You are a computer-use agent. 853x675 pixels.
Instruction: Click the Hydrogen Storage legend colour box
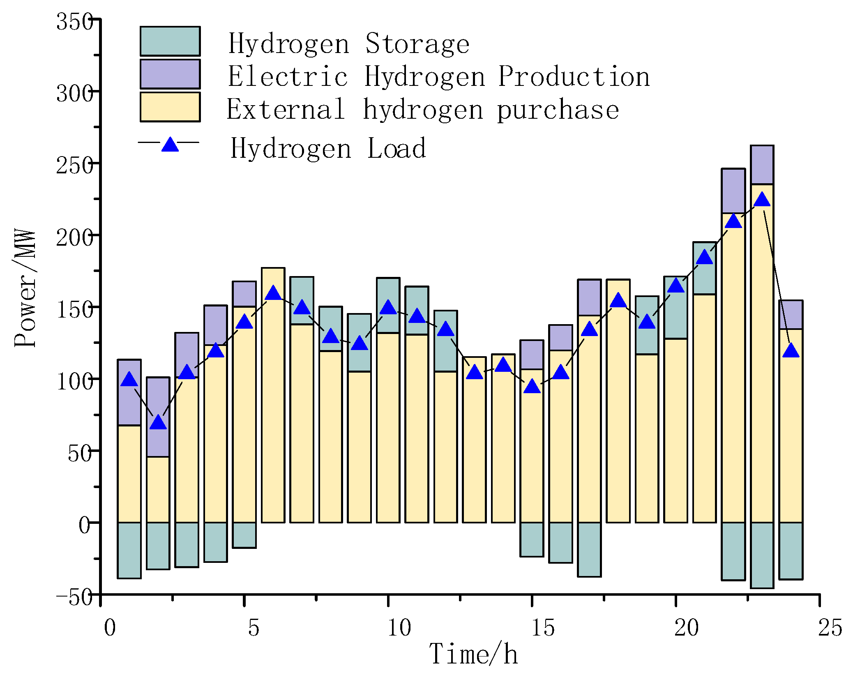pyautogui.click(x=170, y=41)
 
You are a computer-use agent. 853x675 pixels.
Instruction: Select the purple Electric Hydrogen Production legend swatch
pyautogui.click(x=170, y=74)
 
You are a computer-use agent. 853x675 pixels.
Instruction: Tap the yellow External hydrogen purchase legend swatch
pyautogui.click(x=170, y=107)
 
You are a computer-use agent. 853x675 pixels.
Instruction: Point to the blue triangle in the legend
pyautogui.click(x=170, y=144)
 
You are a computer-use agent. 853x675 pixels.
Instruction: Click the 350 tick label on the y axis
pyautogui.click(x=74, y=21)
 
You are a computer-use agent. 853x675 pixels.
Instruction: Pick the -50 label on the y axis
pyautogui.click(x=74, y=597)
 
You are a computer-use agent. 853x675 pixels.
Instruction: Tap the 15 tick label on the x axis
pyautogui.click(x=543, y=628)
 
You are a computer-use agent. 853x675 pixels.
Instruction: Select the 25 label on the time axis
pyautogui.click(x=830, y=628)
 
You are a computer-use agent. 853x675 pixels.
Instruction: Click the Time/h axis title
pyautogui.click(x=473, y=654)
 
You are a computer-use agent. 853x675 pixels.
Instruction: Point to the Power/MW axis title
pyautogui.click(x=25, y=288)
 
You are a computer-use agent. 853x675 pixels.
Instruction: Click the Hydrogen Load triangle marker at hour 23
pyautogui.click(x=762, y=200)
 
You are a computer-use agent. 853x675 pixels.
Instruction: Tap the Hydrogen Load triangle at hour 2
pyautogui.click(x=158, y=422)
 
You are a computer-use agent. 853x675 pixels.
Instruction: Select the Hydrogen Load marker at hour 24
pyautogui.click(x=791, y=351)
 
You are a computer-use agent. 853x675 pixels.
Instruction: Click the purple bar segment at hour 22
pyautogui.click(x=733, y=191)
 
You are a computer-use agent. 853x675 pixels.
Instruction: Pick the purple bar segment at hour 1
pyautogui.click(x=129, y=392)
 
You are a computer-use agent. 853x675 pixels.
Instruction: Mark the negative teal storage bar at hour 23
pyautogui.click(x=762, y=555)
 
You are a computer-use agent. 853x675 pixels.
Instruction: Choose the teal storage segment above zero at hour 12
pyautogui.click(x=446, y=341)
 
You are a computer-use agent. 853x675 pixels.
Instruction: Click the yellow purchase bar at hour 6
pyautogui.click(x=273, y=411)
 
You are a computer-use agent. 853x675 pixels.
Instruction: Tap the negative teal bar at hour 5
pyautogui.click(x=244, y=535)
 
